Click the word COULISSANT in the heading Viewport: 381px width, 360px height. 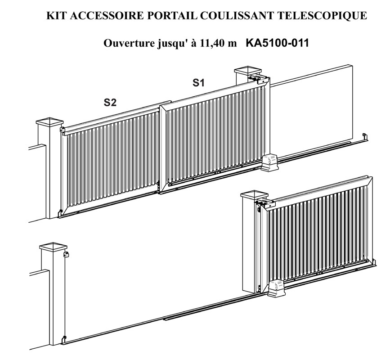(x=238, y=16)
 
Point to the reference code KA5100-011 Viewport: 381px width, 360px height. (x=277, y=43)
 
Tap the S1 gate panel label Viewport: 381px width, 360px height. (x=198, y=83)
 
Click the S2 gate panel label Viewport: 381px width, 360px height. (x=110, y=102)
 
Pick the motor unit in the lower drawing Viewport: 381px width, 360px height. (x=276, y=288)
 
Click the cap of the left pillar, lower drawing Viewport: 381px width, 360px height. (x=53, y=247)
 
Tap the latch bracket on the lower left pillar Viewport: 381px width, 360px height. (x=66, y=255)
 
